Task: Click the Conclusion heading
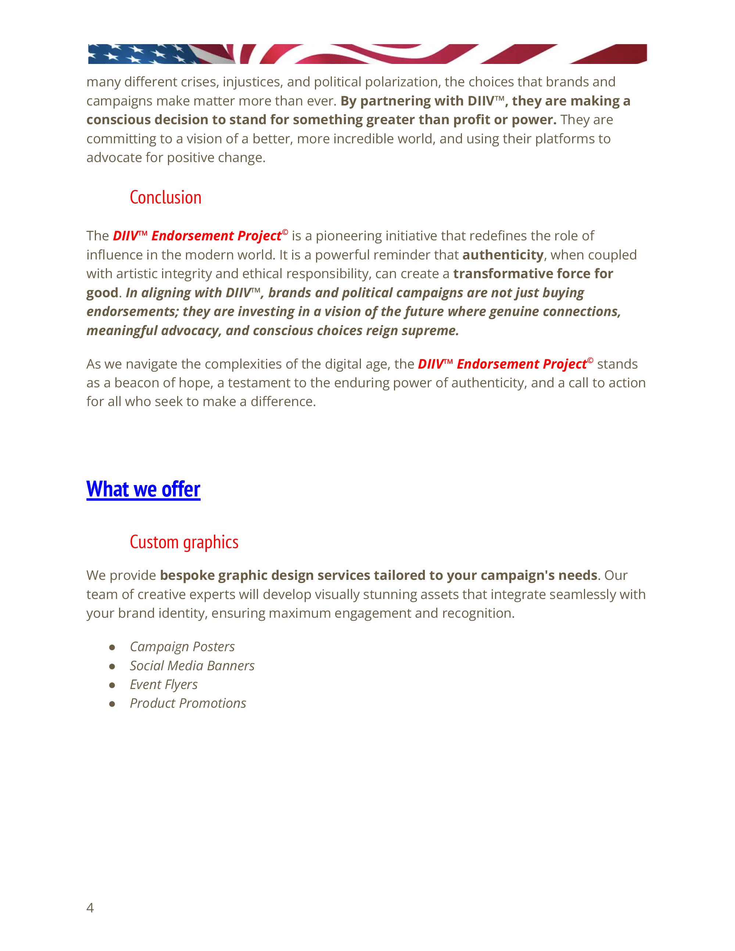[165, 198]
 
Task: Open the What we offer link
[143, 489]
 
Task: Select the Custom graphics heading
[184, 542]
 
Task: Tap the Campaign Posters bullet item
[182, 647]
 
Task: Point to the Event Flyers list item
[163, 685]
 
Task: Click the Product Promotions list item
[188, 703]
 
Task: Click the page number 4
[90, 908]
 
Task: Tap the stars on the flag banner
[139, 54]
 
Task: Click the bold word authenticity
[503, 255]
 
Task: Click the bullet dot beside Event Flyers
[112, 685]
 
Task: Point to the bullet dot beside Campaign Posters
[112, 647]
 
